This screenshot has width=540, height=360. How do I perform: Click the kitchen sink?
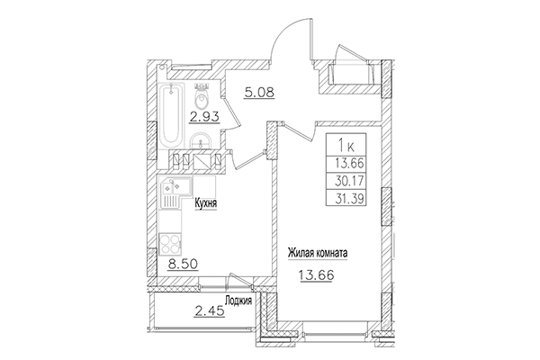pos(169,191)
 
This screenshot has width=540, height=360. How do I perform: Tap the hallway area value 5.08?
pos(259,91)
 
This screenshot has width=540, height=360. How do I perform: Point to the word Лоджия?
pos(238,302)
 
